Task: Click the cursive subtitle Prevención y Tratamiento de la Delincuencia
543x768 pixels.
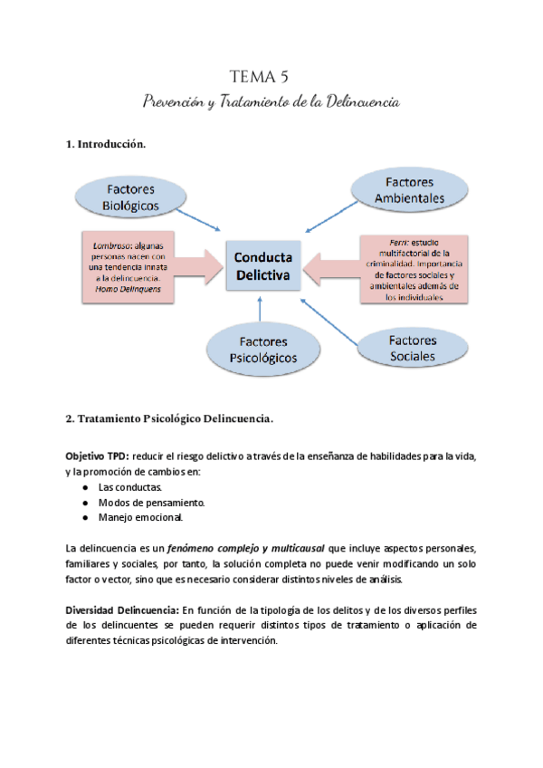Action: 271,101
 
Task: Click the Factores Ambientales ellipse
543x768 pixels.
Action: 409,190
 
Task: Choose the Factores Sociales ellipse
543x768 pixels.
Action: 411,348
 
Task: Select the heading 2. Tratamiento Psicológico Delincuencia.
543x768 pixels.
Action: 169,419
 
